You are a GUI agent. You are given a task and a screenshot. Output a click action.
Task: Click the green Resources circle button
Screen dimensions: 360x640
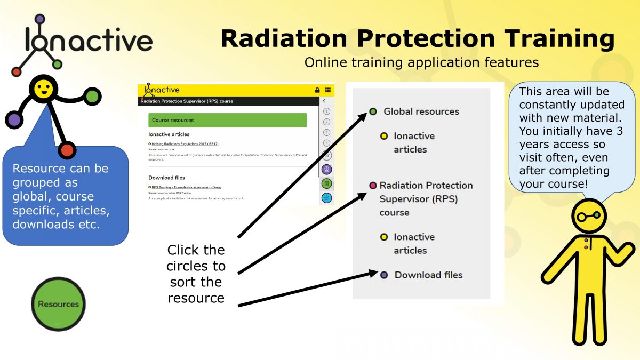click(x=58, y=304)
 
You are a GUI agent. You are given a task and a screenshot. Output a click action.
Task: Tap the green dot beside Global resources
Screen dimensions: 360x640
click(x=373, y=111)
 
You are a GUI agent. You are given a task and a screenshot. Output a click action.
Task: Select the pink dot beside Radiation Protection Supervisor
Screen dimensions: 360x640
click(x=373, y=186)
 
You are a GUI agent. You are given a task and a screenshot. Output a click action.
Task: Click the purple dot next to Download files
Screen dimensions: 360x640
click(x=384, y=275)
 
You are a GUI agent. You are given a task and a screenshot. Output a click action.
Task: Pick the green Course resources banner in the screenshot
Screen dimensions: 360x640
click(x=228, y=120)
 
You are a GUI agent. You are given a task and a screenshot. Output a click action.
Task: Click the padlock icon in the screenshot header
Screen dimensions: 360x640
click(x=317, y=90)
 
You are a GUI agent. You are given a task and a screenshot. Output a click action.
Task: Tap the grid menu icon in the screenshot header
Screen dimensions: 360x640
click(x=327, y=90)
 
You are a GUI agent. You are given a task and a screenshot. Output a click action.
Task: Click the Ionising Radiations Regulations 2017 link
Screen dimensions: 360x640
click(x=185, y=144)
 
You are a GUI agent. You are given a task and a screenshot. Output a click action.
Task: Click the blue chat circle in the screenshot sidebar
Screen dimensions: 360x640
click(x=327, y=198)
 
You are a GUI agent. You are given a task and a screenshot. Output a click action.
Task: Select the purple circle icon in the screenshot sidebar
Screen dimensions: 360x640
click(x=327, y=170)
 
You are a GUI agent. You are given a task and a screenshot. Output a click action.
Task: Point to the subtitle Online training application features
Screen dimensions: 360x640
click(x=421, y=62)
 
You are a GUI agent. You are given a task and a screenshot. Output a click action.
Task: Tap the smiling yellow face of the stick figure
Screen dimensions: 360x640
click(x=43, y=88)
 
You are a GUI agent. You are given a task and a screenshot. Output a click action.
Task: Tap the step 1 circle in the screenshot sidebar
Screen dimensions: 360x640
click(x=326, y=111)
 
